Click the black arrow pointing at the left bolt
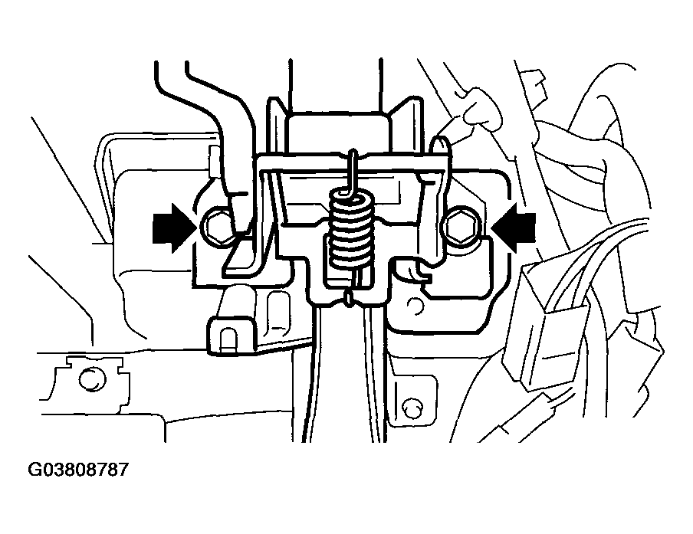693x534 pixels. [x=174, y=228]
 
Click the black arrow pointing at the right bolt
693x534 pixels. [x=514, y=228]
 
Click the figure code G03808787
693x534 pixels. [x=77, y=469]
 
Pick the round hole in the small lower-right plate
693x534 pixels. [x=412, y=408]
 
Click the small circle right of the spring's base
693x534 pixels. [x=414, y=306]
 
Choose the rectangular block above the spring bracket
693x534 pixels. [x=338, y=134]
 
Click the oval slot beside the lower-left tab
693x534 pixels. [x=277, y=310]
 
